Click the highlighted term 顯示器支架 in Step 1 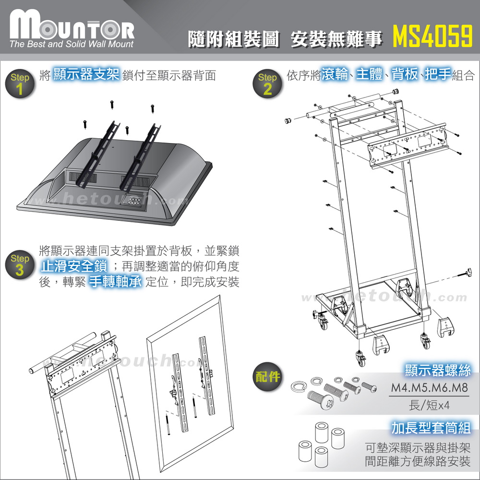86,75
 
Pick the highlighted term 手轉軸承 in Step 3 115,282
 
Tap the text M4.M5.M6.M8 428,388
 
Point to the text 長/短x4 429,405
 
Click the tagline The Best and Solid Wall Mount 71,44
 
